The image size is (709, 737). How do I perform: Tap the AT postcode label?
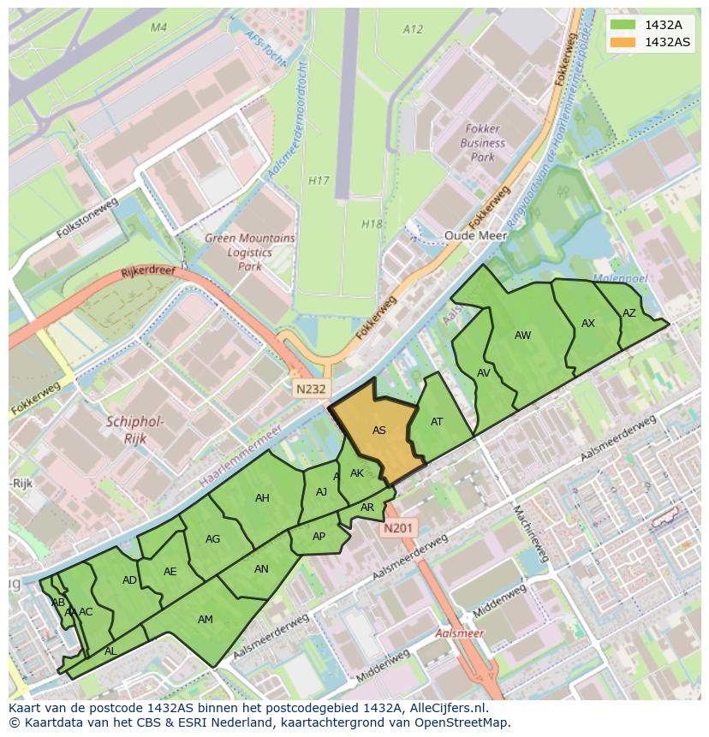pos(437,422)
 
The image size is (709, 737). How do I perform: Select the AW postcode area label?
pos(522,336)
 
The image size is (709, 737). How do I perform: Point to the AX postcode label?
pos(587,324)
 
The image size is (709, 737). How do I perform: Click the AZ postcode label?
pos(629,313)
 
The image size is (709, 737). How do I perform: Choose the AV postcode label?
pos(484,373)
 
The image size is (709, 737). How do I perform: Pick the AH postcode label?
pos(262,498)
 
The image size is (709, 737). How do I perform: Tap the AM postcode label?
pos(206,620)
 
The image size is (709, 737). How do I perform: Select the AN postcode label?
pos(261,569)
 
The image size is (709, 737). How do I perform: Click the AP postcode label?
pos(319,537)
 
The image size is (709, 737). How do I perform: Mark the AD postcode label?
pos(129,580)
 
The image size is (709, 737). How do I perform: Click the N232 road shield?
pos(312,389)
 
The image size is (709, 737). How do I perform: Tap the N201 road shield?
pos(399,529)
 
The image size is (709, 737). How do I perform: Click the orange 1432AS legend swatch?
pos(623,42)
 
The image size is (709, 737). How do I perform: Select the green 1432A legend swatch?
pos(623,25)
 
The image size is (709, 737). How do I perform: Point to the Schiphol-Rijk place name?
pos(135,430)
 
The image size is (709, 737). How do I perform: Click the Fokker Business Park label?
pos(483,144)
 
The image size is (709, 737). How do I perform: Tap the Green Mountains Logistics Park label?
pos(249,253)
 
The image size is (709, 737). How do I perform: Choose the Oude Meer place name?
pos(470,235)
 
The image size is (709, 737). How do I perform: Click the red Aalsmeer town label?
pos(459,633)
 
